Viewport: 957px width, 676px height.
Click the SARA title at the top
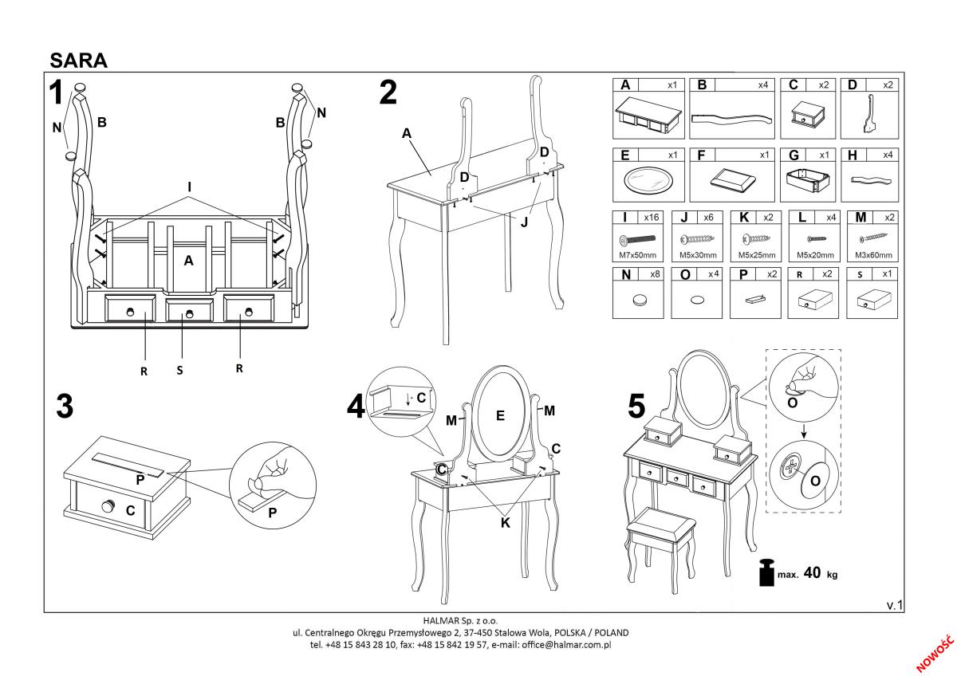point(78,60)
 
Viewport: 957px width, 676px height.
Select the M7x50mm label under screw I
point(636,255)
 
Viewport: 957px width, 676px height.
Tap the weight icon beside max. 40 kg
point(766,572)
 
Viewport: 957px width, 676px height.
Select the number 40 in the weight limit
point(813,573)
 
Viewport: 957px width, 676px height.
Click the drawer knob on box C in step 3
point(107,505)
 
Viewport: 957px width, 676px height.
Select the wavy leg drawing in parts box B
point(731,117)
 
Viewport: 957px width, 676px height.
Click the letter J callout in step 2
point(524,222)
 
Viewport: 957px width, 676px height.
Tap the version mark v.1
point(894,605)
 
